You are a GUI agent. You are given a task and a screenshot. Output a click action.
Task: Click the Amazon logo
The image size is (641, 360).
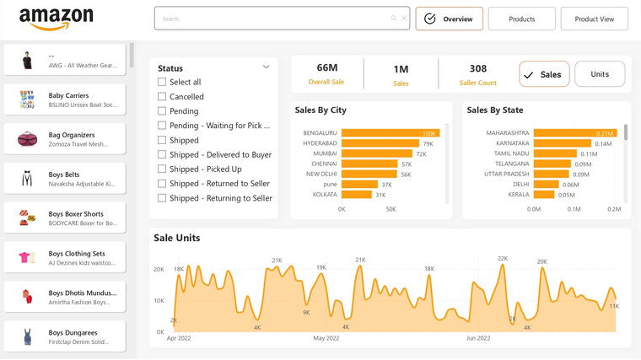pyautogui.click(x=56, y=18)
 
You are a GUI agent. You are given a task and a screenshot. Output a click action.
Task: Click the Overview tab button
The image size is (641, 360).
pyautogui.click(x=449, y=19)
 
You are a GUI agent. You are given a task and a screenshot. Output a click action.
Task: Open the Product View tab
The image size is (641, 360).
pyautogui.click(x=594, y=19)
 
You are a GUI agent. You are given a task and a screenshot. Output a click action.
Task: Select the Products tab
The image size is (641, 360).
pyautogui.click(x=521, y=19)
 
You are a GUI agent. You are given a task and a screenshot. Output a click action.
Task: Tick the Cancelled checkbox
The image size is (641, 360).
pyautogui.click(x=162, y=97)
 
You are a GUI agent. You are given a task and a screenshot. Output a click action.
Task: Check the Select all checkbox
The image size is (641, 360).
pyautogui.click(x=162, y=82)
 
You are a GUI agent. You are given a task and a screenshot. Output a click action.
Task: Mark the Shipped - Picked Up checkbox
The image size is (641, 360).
pyautogui.click(x=162, y=169)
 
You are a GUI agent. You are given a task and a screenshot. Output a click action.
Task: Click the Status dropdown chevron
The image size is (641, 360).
pyautogui.click(x=267, y=67)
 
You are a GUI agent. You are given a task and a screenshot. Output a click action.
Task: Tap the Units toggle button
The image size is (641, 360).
pyautogui.click(x=599, y=74)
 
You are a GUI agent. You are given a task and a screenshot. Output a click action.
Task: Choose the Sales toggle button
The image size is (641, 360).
pyautogui.click(x=544, y=74)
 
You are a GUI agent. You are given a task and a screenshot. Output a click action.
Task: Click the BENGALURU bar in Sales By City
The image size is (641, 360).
pyautogui.click(x=391, y=133)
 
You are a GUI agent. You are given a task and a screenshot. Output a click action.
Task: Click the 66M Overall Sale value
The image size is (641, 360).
pyautogui.click(x=327, y=68)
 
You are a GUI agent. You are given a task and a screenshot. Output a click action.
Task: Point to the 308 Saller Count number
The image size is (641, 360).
pyautogui.click(x=477, y=69)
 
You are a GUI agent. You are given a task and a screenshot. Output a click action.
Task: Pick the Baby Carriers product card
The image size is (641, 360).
pyautogui.click(x=64, y=99)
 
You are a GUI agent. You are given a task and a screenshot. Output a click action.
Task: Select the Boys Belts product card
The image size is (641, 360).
pyautogui.click(x=64, y=179)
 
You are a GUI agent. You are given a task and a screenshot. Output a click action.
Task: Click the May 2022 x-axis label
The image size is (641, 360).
pyautogui.click(x=326, y=338)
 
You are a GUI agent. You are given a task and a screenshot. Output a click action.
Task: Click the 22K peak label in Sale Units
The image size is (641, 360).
pyautogui.click(x=503, y=259)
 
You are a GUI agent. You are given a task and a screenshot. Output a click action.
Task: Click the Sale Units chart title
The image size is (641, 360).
pyautogui.click(x=177, y=239)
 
